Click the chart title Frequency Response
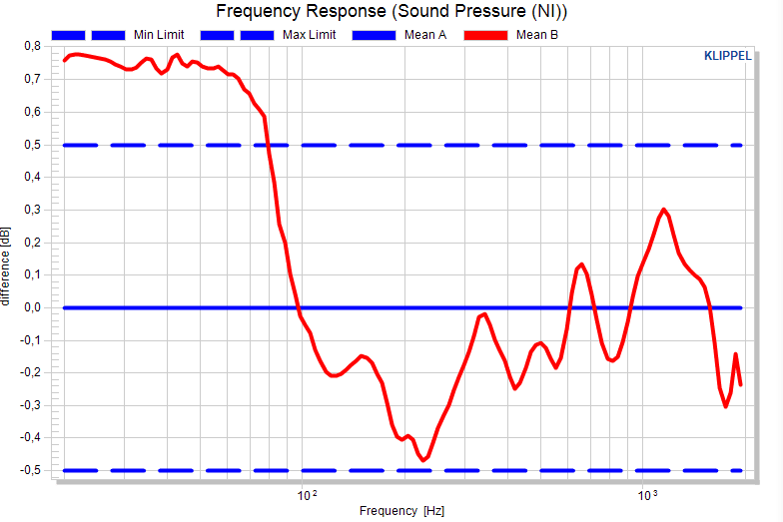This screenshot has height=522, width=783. pyautogui.click(x=302, y=11)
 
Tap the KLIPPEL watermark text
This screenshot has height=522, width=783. pyautogui.click(x=727, y=56)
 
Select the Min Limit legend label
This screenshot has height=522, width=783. pyautogui.click(x=159, y=35)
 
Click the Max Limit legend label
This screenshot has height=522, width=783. pyautogui.click(x=310, y=35)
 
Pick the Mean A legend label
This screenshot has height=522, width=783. pyautogui.click(x=425, y=35)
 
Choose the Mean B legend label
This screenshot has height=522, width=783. pyautogui.click(x=537, y=35)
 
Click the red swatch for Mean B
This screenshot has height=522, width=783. pyautogui.click(x=485, y=36)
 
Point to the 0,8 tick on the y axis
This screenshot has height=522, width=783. pyautogui.click(x=32, y=46)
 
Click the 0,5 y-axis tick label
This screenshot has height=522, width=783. pyautogui.click(x=32, y=145)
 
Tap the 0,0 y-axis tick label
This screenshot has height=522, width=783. pyautogui.click(x=32, y=307)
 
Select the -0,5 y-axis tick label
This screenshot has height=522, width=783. pyautogui.click(x=30, y=471)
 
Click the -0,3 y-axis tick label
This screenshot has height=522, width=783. pyautogui.click(x=30, y=405)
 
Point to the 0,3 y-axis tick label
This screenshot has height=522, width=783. pyautogui.click(x=32, y=210)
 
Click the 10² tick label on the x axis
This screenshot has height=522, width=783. pyautogui.click(x=307, y=495)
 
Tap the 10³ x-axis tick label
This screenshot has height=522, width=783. pyautogui.click(x=647, y=495)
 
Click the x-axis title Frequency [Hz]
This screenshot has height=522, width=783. pyautogui.click(x=401, y=511)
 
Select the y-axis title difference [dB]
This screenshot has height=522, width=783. pyautogui.click(x=5, y=266)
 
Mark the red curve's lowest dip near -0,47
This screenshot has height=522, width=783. pyautogui.click(x=423, y=460)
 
